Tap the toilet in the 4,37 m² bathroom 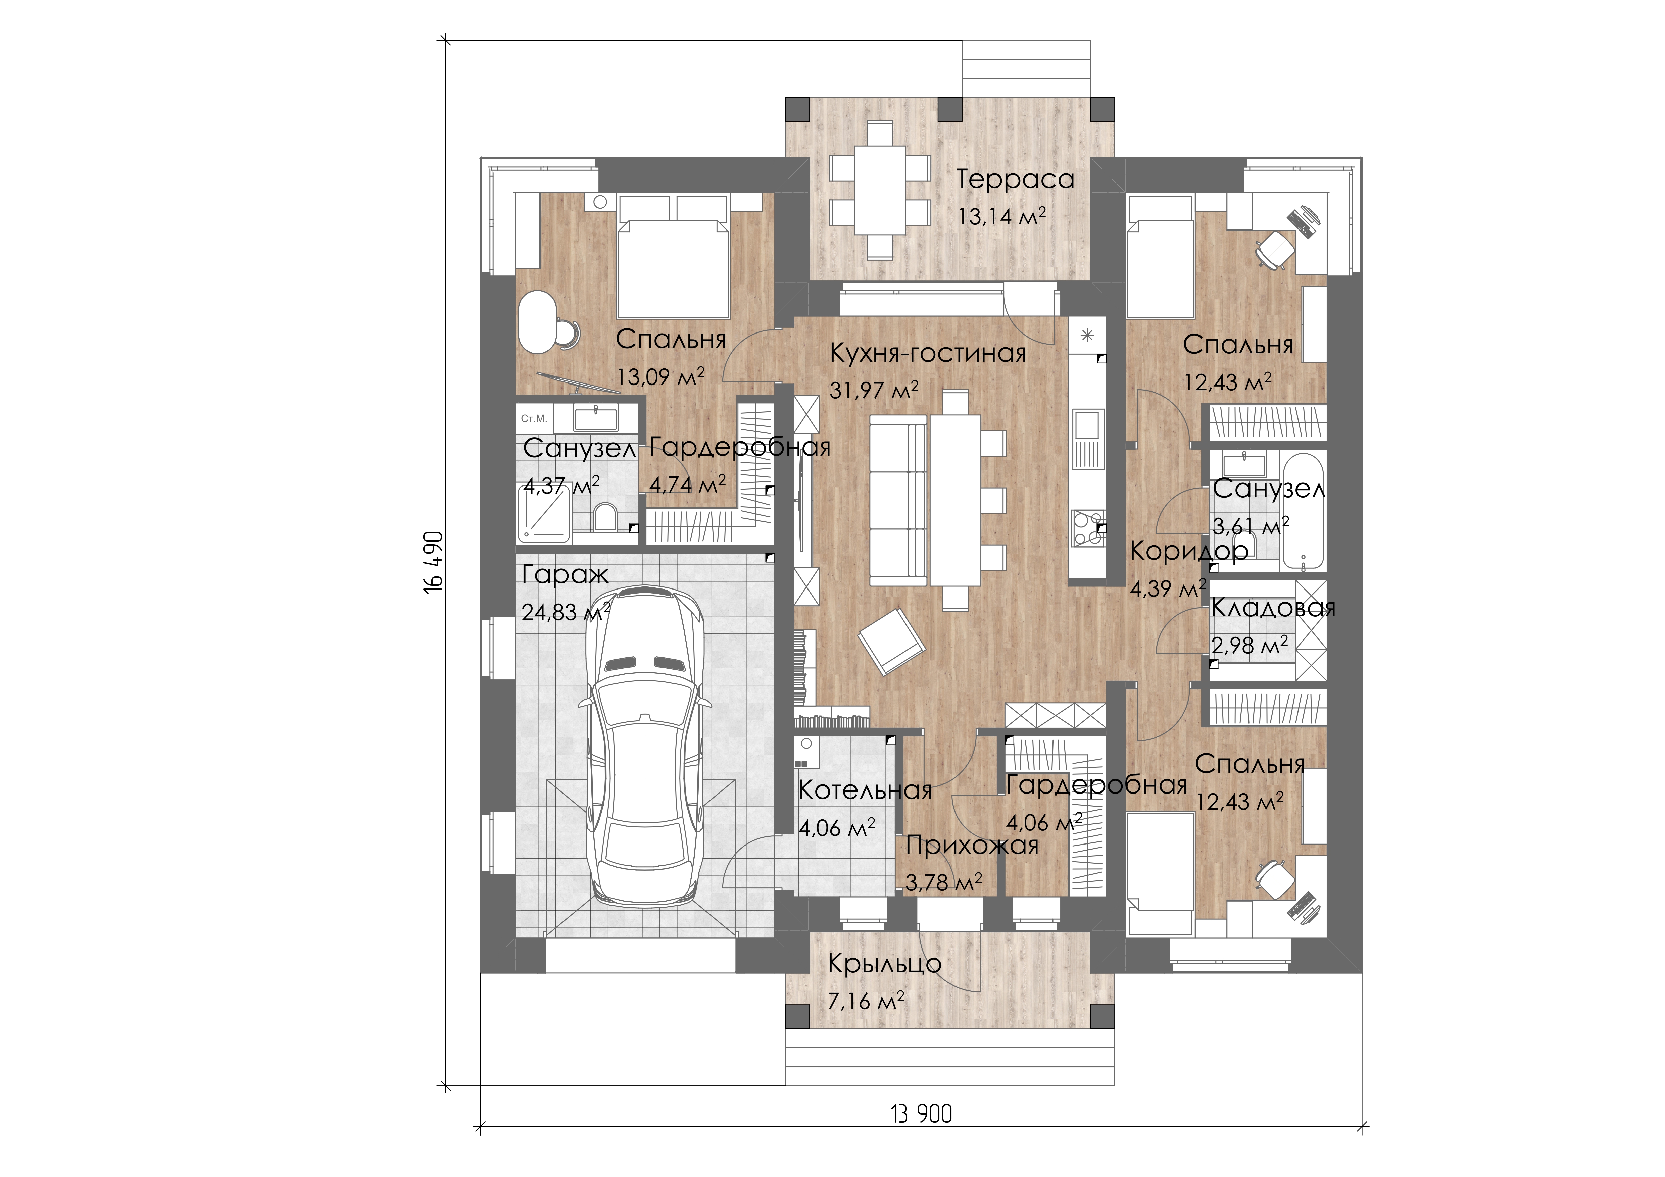[x=604, y=518]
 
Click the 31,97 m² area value [x=874, y=390]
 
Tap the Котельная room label [x=865, y=791]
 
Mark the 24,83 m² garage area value [x=566, y=612]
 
